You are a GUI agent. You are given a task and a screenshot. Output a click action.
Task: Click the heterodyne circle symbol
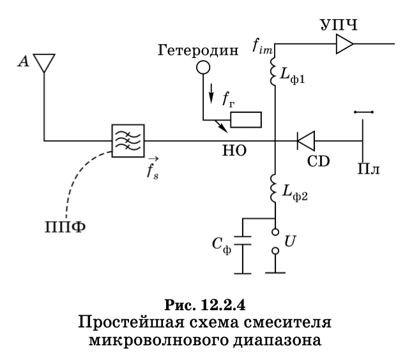point(203,66)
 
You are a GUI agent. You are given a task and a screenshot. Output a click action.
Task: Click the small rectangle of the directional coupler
point(246,119)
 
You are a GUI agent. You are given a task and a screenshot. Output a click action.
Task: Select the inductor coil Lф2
point(275,188)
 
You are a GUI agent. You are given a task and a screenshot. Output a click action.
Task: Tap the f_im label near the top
point(260,46)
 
